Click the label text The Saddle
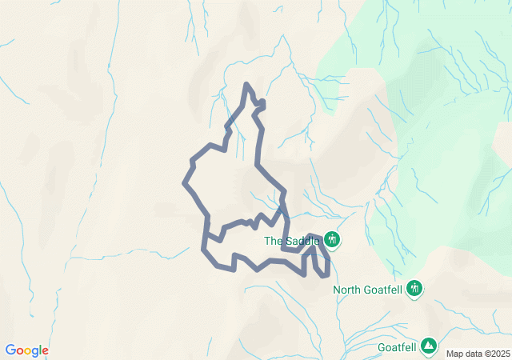tap(292, 241)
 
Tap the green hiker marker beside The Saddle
tap(332, 240)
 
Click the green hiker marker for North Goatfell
tap(414, 288)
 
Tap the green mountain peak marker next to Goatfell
tap(430, 346)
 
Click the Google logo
tap(26, 350)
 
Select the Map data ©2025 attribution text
tap(478, 354)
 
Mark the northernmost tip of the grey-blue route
tap(246, 84)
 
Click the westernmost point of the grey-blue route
tap(184, 184)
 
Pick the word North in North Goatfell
tap(348, 290)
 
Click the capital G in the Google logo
tap(10, 350)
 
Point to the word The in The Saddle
tap(273, 241)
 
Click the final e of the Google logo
tap(45, 351)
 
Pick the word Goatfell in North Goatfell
tap(384, 290)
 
